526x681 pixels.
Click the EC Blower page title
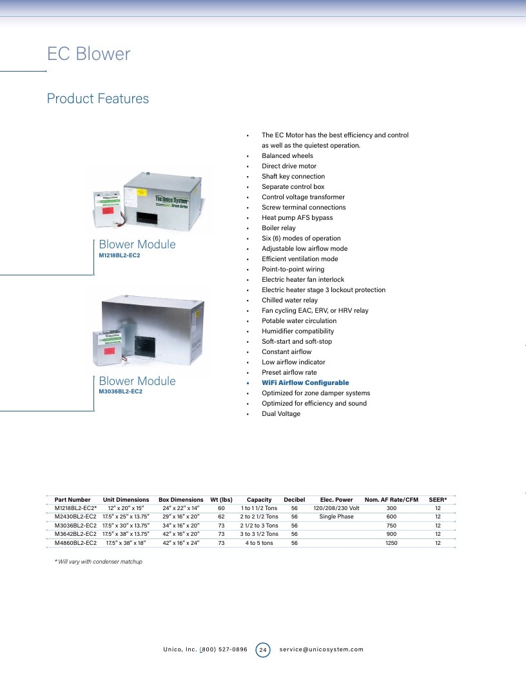pos(88,54)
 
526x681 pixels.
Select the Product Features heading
pos(97,99)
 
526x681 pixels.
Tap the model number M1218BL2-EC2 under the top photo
pos(119,255)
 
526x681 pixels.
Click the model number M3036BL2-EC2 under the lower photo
pos(120,391)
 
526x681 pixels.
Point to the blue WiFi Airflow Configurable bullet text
pos(305,382)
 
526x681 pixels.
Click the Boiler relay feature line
pos(278,228)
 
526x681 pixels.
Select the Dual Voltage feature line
pos(281,414)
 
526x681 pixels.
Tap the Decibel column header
pos(294,500)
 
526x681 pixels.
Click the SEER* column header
pos(438,500)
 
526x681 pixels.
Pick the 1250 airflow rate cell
pos(391,543)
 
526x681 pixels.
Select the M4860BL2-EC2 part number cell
pos(75,543)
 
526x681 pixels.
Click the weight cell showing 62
pos(221,517)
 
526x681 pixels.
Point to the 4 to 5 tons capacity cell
pos(259,543)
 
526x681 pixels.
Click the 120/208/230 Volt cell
pos(336,508)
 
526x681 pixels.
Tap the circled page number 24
pos(262,650)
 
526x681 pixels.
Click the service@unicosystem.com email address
pos(321,650)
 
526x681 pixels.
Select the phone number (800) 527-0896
pos(224,650)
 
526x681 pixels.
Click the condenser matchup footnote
pos(99,562)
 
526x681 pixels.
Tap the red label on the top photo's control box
pos(108,211)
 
